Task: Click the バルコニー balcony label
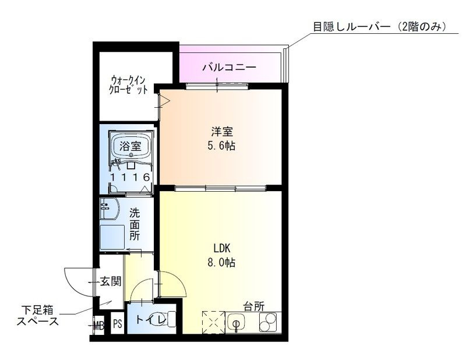(229, 68)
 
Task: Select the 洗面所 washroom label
(135, 224)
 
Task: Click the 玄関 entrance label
(110, 283)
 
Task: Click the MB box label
(98, 324)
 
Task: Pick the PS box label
(116, 324)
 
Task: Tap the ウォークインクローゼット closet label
(129, 86)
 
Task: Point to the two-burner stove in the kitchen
(269, 322)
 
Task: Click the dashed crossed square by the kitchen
(213, 322)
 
